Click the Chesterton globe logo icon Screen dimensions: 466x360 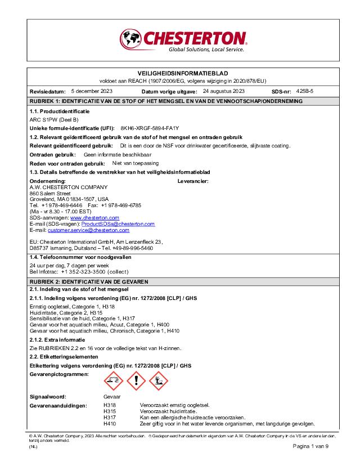click(x=131, y=39)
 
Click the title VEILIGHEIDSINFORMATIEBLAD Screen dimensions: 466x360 click(x=182, y=74)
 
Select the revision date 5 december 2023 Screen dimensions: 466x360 click(x=92, y=91)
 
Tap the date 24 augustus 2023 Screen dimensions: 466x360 click(x=223, y=91)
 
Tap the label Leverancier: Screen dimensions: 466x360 click(x=193, y=181)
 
